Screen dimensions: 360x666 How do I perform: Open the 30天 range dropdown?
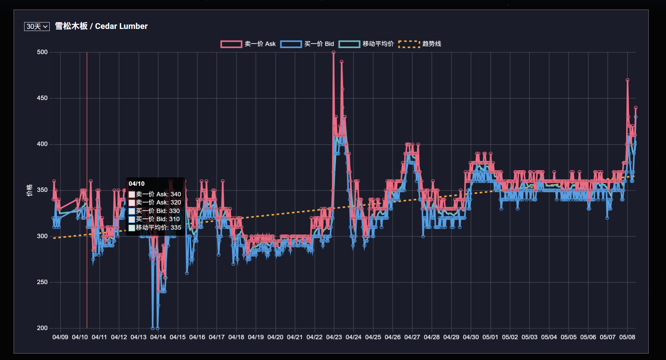[37, 27]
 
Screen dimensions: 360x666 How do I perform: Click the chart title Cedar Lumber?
[101, 26]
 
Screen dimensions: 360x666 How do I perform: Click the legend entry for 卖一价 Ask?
[248, 44]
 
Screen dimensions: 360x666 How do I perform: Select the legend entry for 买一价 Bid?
[307, 44]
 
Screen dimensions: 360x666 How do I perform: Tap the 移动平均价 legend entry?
[366, 44]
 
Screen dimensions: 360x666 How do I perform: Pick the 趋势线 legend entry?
[420, 44]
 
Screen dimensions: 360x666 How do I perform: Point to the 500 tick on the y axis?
[42, 52]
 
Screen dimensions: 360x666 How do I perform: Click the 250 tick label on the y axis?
[42, 282]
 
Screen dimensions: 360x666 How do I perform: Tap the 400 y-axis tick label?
[42, 144]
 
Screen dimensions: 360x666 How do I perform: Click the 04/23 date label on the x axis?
[334, 337]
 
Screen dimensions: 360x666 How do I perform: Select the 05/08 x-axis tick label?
[627, 337]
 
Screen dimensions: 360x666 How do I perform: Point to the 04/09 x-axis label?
[60, 337]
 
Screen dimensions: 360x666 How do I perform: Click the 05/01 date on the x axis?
[490, 337]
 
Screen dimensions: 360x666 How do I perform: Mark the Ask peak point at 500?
[333, 52]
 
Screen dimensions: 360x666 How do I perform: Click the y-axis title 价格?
[30, 190]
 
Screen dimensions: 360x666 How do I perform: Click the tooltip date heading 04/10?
[136, 184]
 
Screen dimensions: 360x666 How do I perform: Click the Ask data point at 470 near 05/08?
[628, 80]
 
